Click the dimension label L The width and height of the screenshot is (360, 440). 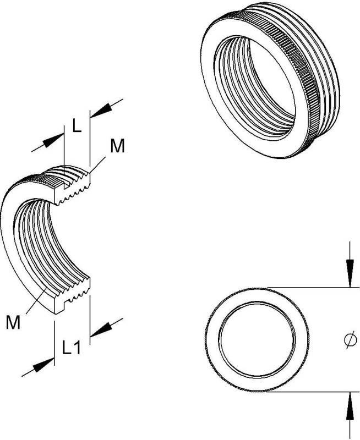tap(77, 125)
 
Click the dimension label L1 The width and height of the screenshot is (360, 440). tap(72, 347)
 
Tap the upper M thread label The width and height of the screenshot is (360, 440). tap(117, 146)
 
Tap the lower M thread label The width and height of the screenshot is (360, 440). tap(13, 322)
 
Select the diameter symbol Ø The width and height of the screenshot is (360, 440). tap(350, 340)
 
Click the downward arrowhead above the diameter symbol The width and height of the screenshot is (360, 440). tap(350, 273)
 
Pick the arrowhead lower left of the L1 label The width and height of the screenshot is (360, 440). tap(43, 365)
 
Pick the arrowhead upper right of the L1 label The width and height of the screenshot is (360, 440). tap(100, 329)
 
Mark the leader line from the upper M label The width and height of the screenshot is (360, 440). tap(98, 164)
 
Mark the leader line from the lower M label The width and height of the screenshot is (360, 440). tap(36, 300)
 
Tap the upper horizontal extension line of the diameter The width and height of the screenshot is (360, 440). tap(313, 288)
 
